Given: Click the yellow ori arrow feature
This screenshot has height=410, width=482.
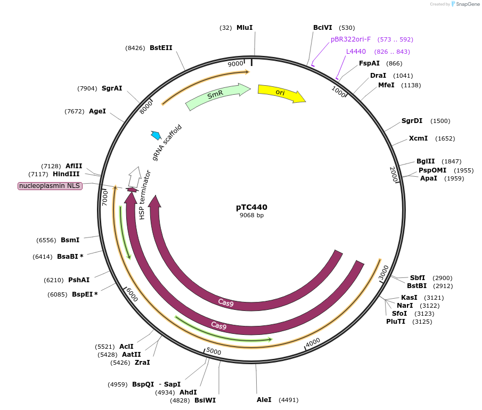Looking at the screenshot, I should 281,93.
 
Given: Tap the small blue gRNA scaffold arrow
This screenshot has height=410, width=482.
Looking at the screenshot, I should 156,135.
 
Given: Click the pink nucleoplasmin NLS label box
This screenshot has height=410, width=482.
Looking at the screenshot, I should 50,186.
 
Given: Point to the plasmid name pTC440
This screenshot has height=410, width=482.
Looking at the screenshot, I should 251,207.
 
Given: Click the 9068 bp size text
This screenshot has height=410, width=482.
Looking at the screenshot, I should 251,216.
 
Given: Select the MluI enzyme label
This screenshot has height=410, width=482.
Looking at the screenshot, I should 244,28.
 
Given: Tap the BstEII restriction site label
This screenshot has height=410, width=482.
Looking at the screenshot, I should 161,48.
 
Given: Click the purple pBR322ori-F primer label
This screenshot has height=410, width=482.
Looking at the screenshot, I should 350,39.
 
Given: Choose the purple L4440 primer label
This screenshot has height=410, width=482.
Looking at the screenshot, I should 356,52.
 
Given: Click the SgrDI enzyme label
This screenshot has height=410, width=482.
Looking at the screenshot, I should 412,121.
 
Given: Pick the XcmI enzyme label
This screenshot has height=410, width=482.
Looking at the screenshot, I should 418,138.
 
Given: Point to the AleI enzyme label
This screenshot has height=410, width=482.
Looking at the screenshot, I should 264,399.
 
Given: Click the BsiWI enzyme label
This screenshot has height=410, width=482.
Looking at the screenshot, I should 205,400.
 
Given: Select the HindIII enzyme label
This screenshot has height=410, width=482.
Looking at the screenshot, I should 66,174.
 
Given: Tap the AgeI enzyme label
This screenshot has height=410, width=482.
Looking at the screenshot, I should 97,111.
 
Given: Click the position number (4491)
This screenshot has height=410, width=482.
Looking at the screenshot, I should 288,400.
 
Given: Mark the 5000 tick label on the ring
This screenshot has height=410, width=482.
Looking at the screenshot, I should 214,351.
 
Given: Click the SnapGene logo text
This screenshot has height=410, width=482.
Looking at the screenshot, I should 467,4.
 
